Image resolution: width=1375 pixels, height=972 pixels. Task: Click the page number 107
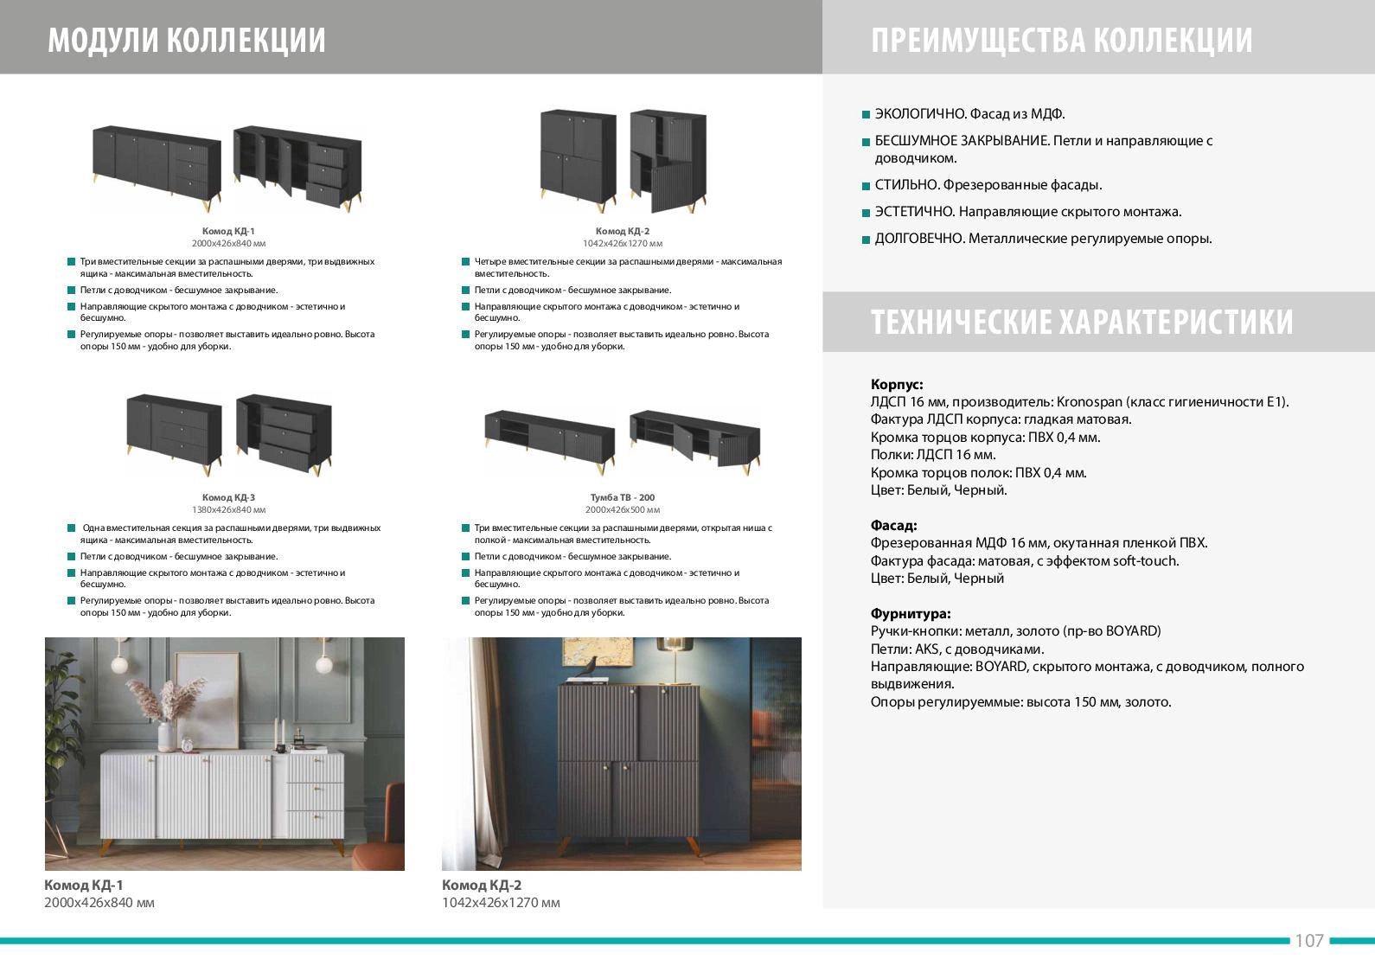pos(1308,941)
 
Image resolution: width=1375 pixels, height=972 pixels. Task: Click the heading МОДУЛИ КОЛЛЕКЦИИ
pos(187,40)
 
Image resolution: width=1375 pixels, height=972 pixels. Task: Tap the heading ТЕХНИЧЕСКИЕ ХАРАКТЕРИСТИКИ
pos(1082,322)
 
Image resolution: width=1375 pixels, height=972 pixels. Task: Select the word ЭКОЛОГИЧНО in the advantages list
pos(920,113)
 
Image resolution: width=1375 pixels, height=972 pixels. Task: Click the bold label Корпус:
pos(896,384)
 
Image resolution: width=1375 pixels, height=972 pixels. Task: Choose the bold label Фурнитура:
pos(911,613)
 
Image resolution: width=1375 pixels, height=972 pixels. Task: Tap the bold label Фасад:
pos(893,526)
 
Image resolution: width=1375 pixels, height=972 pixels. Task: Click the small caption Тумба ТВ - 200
pos(623,497)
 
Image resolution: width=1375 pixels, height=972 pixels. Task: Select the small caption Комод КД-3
pos(228,497)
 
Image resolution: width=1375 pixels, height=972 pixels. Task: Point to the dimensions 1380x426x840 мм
pos(228,509)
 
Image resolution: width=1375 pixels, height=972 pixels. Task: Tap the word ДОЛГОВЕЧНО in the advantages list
pos(919,238)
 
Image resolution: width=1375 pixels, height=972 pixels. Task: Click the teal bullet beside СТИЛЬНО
pos(866,185)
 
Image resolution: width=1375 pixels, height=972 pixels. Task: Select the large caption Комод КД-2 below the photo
pos(481,885)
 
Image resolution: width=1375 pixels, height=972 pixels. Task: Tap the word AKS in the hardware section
pos(927,649)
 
